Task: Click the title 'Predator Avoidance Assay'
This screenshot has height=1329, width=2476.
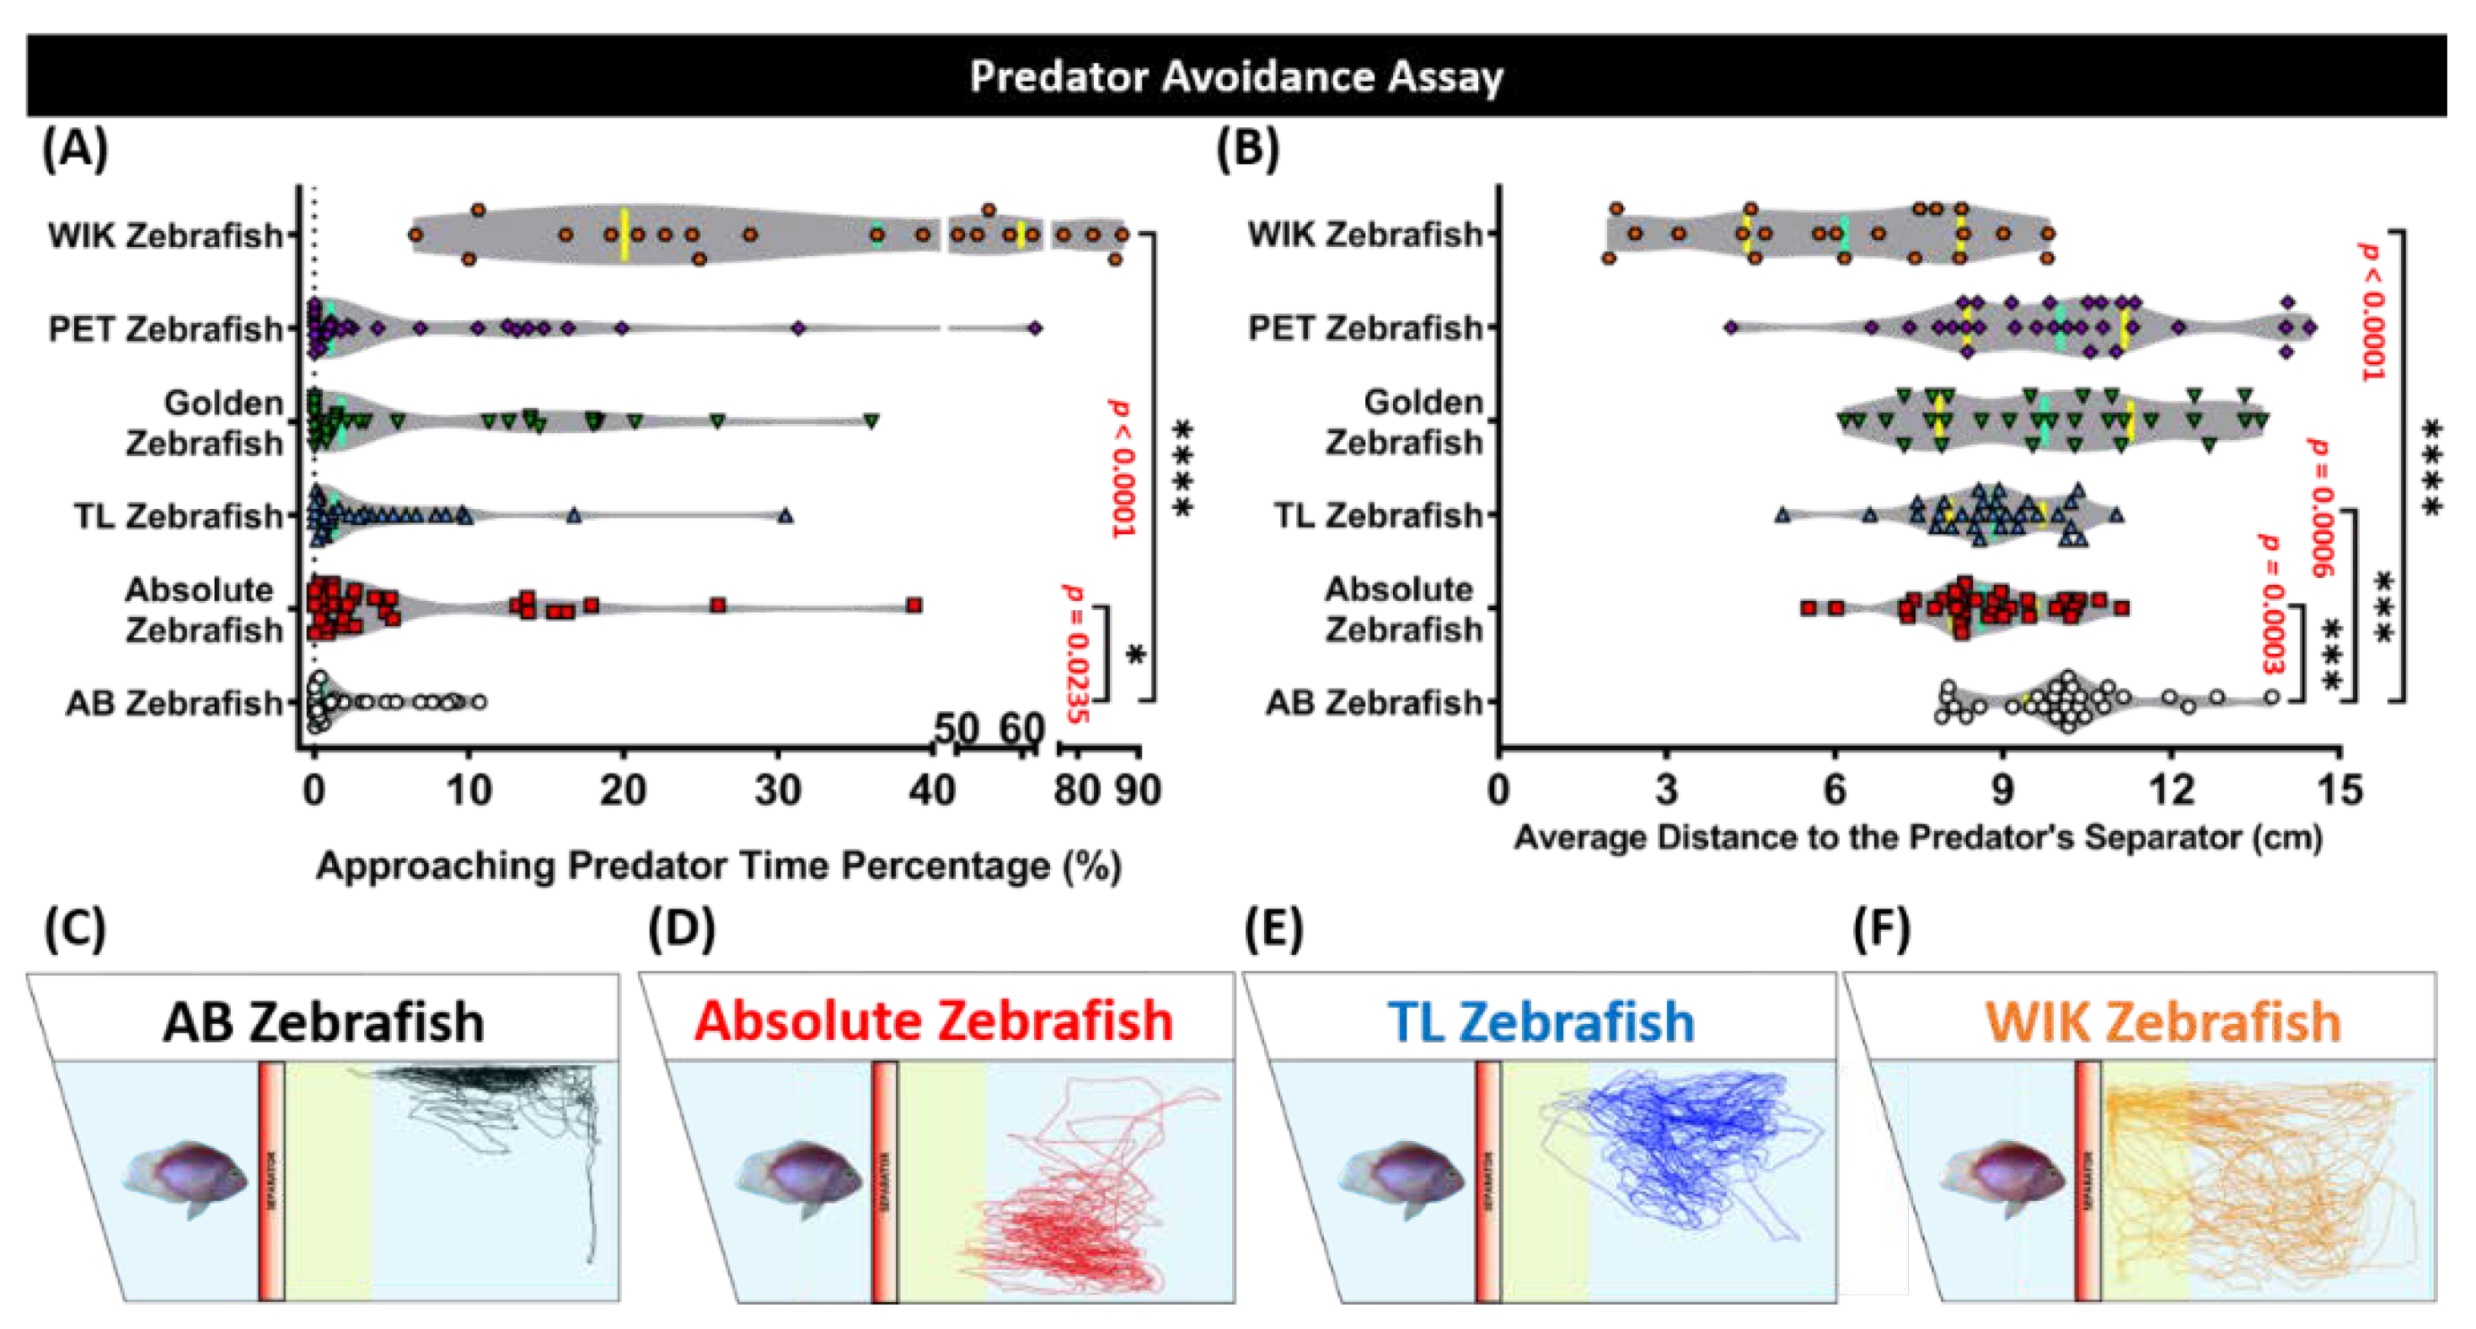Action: [x=1236, y=77]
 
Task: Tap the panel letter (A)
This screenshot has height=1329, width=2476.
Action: [x=75, y=150]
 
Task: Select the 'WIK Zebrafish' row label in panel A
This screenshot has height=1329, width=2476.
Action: [x=165, y=235]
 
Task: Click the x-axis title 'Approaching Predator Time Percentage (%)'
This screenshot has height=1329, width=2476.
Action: [x=719, y=865]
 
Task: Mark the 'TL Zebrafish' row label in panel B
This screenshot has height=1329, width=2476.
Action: [x=1379, y=516]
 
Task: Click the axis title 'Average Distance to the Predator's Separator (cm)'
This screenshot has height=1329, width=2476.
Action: [x=1918, y=837]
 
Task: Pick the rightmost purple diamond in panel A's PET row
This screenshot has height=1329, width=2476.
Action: [x=1034, y=329]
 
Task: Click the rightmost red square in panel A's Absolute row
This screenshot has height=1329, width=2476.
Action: [x=914, y=605]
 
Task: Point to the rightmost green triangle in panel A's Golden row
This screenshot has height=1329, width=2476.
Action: [x=871, y=421]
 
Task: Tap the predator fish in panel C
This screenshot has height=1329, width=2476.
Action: [x=185, y=1178]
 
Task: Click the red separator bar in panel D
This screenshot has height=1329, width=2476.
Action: [x=884, y=1182]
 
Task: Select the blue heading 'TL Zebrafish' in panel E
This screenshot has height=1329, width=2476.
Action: [x=1541, y=1021]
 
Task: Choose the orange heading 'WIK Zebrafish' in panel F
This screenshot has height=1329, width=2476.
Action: [x=2162, y=1021]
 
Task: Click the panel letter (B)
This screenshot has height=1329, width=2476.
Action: [x=1247, y=150]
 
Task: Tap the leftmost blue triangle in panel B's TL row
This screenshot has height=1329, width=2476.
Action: [x=1783, y=515]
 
